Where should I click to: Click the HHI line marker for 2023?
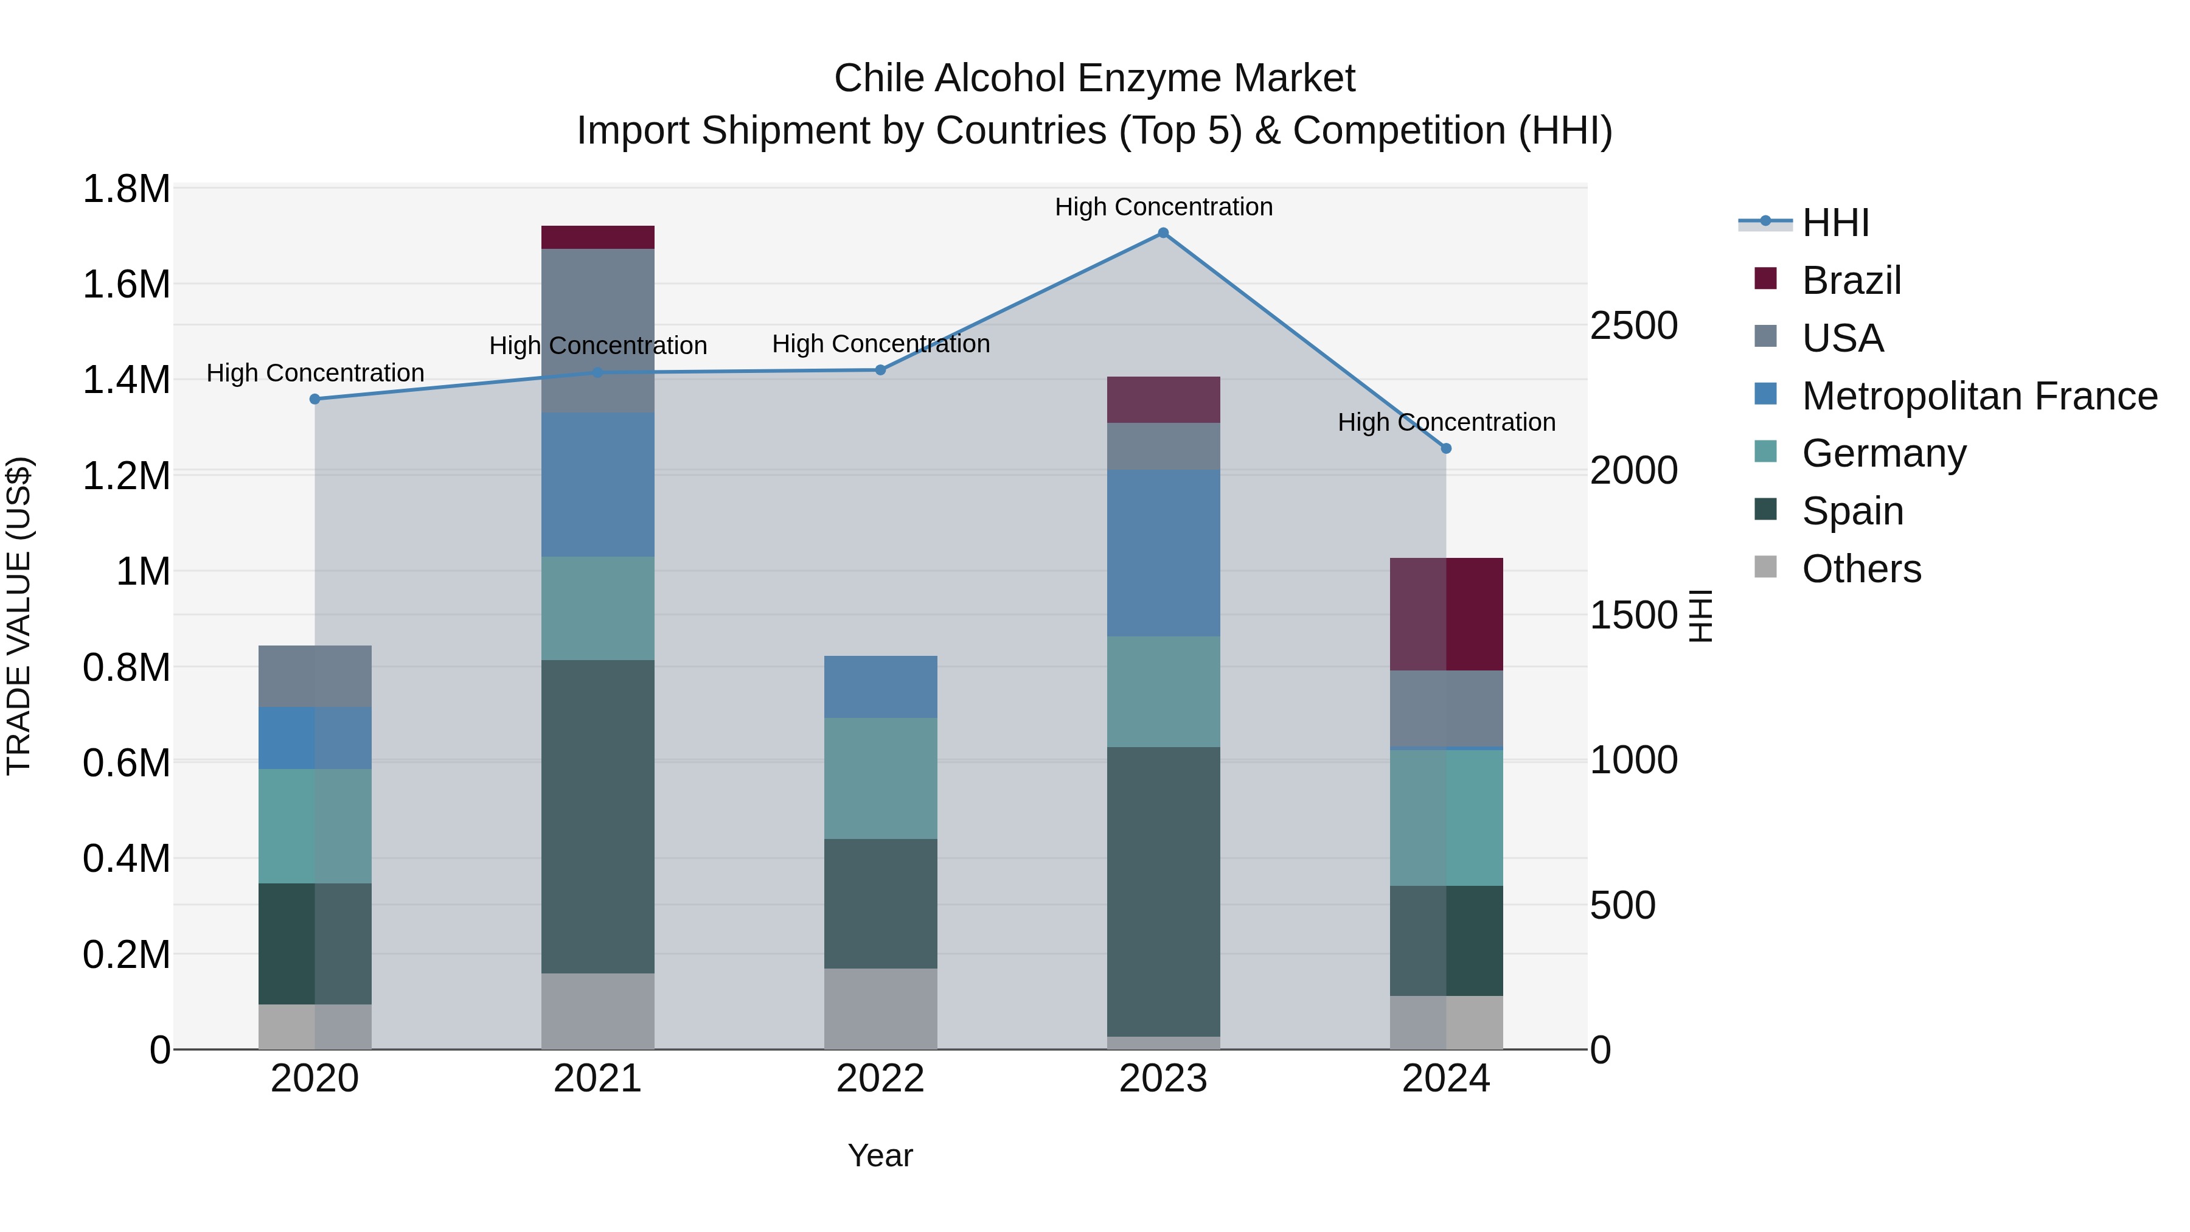click(1163, 233)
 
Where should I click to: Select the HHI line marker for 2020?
click(315, 398)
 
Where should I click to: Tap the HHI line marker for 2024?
click(1446, 448)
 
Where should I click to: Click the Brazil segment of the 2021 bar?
click(597, 237)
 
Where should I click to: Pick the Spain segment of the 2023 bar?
click(1163, 891)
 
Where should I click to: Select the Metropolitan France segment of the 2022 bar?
click(881, 686)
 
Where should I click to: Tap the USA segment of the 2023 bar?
click(1163, 447)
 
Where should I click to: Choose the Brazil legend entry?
click(1850, 280)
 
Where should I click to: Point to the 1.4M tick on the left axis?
click(127, 380)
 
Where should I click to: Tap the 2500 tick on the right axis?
click(1633, 325)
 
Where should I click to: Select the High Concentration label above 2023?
click(1163, 207)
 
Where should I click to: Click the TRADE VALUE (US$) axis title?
click(19, 616)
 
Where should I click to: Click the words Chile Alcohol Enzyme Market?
click(1094, 78)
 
